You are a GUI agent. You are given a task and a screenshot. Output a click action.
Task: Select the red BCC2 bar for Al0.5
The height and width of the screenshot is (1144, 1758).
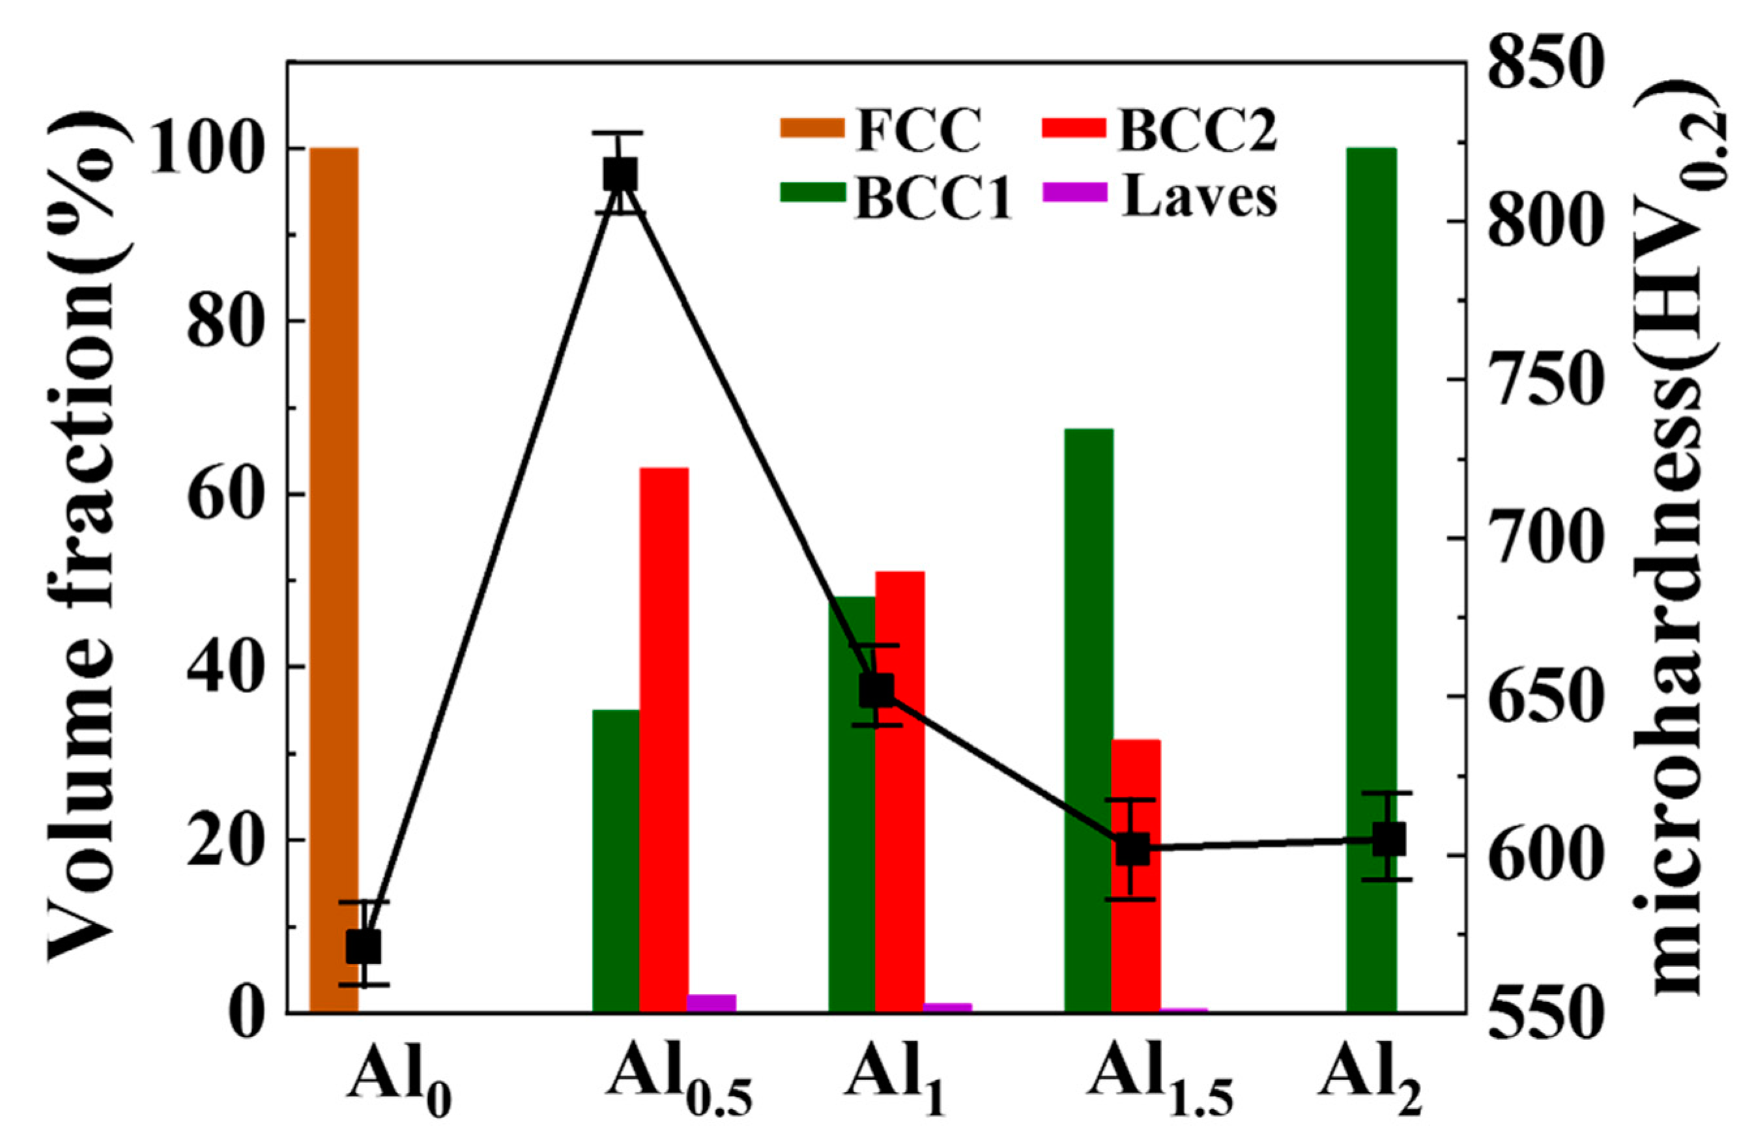(663, 739)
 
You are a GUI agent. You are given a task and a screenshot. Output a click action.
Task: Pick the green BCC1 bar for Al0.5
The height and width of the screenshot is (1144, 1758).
(616, 861)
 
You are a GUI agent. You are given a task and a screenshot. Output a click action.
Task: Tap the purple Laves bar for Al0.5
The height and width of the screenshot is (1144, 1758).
(712, 1004)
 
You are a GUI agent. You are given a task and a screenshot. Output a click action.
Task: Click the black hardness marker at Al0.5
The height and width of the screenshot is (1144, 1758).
(620, 175)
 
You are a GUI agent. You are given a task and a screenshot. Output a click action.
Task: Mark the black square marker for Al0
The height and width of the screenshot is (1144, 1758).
(364, 947)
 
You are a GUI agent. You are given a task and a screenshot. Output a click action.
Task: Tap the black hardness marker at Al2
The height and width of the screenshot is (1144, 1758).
(1388, 840)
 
